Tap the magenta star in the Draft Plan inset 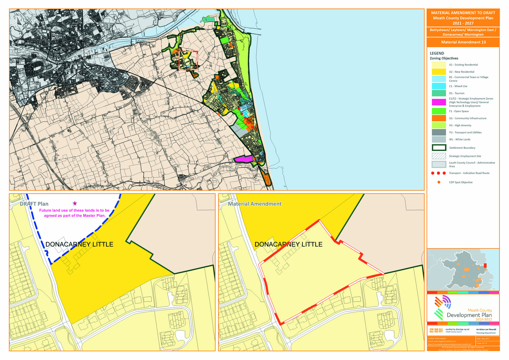pyautogui.click(x=75, y=203)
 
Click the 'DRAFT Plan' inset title pyautogui.click(x=34, y=204)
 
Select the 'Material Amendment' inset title pyautogui.click(x=254, y=204)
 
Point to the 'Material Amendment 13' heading pyautogui.click(x=463, y=42)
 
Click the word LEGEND pyautogui.click(x=437, y=53)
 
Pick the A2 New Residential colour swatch pyautogui.click(x=438, y=72)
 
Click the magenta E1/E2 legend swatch pyautogui.click(x=438, y=102)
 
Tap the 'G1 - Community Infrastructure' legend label pyautogui.click(x=468, y=118)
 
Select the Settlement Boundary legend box pyautogui.click(x=438, y=148)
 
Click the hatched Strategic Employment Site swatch pyautogui.click(x=438, y=156)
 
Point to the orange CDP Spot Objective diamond pyautogui.click(x=439, y=182)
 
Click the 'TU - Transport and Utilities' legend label pyautogui.click(x=465, y=132)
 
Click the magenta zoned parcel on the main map pyautogui.click(x=243, y=159)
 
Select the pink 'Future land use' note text pyautogui.click(x=74, y=213)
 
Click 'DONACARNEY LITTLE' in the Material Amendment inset pyautogui.click(x=288, y=244)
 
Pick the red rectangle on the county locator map pyautogui.click(x=485, y=265)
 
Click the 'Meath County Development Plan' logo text pyautogui.click(x=469, y=315)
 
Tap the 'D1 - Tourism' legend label pyautogui.click(x=456, y=93)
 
